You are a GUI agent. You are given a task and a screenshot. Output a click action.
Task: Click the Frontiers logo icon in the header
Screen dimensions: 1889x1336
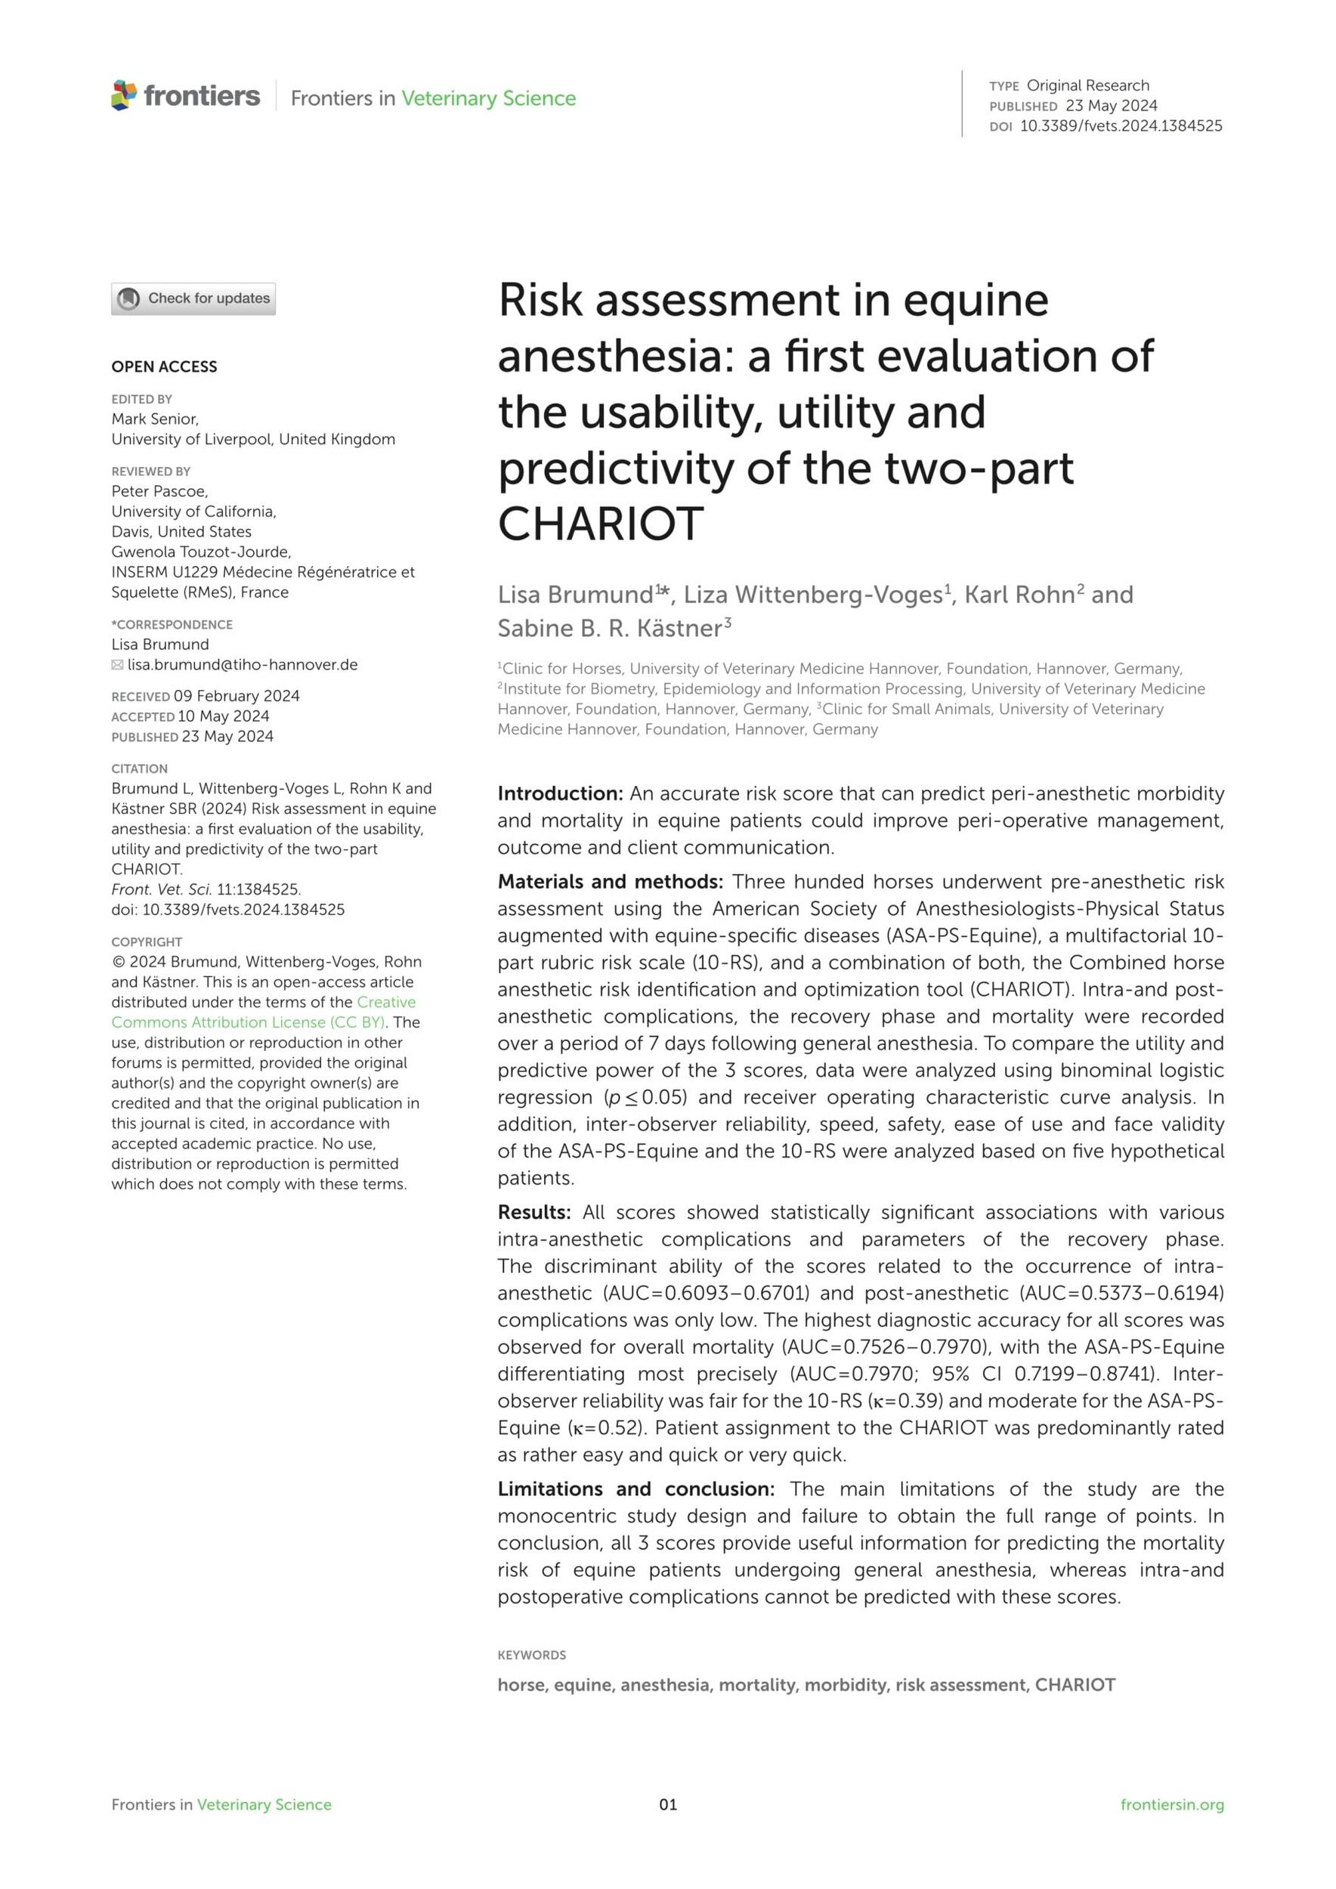point(124,95)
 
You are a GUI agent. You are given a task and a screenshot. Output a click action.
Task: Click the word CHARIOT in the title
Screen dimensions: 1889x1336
point(601,524)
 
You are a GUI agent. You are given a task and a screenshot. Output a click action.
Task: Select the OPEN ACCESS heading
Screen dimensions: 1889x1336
point(165,367)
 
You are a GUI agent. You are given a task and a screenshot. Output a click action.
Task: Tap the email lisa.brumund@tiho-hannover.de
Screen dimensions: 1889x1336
point(242,665)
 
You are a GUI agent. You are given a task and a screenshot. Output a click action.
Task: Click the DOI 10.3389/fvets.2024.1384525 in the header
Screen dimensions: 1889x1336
point(1121,126)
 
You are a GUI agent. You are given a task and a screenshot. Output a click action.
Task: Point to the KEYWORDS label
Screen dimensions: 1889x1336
point(531,1655)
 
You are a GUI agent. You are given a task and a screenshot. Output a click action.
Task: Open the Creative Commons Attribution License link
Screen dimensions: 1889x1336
point(263,1012)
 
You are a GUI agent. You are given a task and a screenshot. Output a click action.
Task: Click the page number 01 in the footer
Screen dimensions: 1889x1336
point(668,1804)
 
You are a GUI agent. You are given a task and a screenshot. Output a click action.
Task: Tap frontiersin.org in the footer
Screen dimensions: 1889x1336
point(1171,1804)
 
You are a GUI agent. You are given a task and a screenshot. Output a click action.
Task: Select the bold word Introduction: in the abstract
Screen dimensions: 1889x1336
point(560,794)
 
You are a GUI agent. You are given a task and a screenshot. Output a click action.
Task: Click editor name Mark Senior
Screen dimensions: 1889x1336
point(155,419)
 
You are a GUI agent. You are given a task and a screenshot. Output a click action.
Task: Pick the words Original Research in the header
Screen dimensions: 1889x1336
point(1087,85)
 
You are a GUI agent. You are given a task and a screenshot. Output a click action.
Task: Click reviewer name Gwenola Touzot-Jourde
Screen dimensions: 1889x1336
point(201,552)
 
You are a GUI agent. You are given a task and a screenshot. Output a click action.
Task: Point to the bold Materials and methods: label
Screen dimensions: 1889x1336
point(610,882)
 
